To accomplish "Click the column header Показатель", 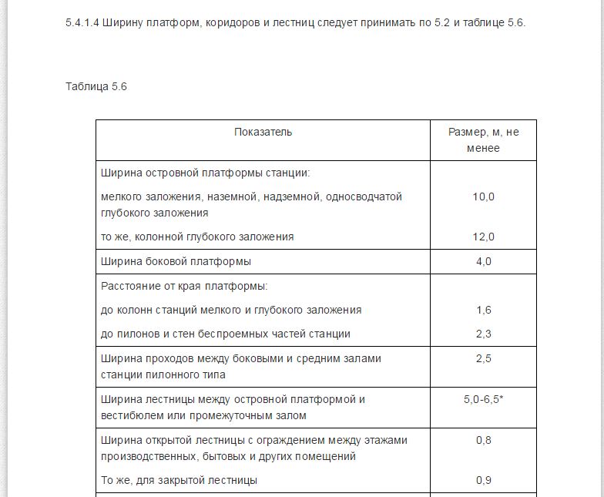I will click(263, 132).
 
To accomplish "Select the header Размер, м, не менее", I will click(483, 139).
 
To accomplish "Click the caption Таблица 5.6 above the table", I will click(96, 86).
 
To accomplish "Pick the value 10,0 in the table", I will click(483, 196).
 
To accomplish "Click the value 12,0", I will click(483, 237).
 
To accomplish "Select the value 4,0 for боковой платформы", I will click(483, 261).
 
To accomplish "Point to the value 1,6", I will click(483, 310).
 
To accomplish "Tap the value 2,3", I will click(483, 334).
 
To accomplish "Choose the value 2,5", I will click(483, 358).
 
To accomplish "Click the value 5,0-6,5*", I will click(483, 400).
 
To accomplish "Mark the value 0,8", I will click(483, 440).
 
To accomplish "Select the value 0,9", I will click(483, 480).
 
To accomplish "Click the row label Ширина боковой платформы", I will click(176, 261).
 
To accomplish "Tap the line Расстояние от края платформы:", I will click(184, 286).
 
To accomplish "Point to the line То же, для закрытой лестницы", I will click(179, 480).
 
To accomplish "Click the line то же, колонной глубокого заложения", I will click(197, 237).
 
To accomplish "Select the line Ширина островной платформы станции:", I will click(205, 173).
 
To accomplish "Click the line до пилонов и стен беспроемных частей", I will click(226, 334).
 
